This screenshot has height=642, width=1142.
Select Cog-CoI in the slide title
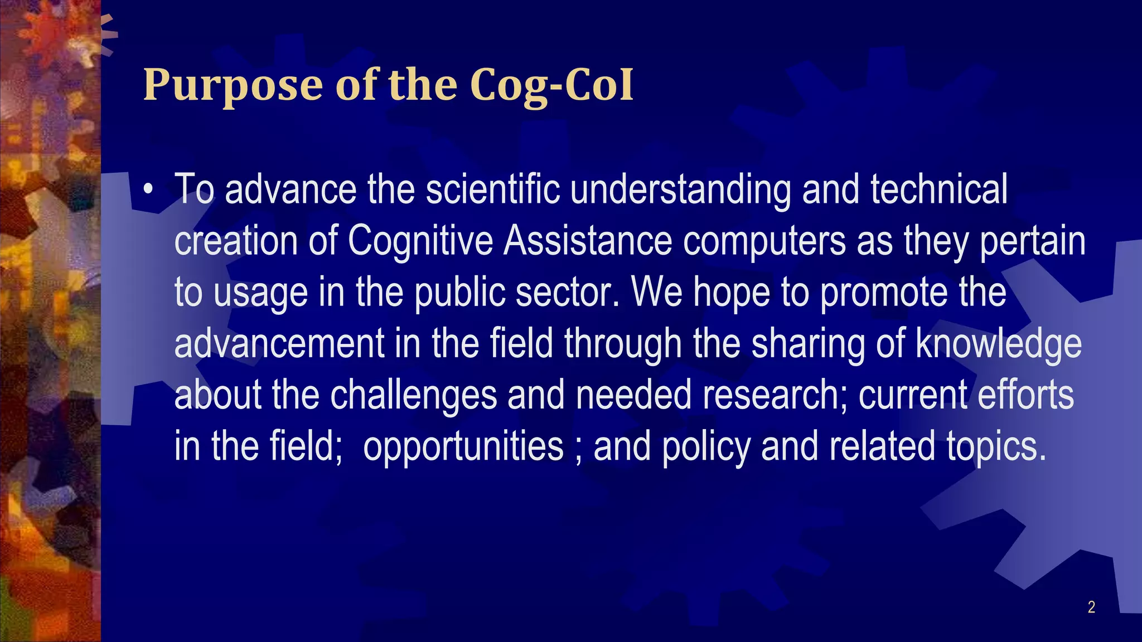click(x=551, y=85)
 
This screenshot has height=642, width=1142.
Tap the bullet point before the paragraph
click(x=148, y=189)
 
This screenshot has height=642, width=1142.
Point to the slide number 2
click(x=1091, y=607)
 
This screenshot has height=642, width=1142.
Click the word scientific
click(x=492, y=189)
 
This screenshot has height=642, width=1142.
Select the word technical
click(x=939, y=189)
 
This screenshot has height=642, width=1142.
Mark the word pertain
click(x=1033, y=242)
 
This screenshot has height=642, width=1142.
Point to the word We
click(x=657, y=292)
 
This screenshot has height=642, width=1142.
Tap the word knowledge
click(x=999, y=344)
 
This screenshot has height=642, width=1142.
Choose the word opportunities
click(x=463, y=447)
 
